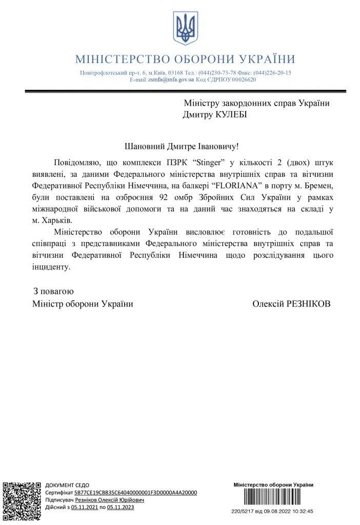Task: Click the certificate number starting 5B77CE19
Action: click(135, 492)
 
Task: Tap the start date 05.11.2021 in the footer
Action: click(84, 507)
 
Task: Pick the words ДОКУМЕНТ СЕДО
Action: click(67, 485)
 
